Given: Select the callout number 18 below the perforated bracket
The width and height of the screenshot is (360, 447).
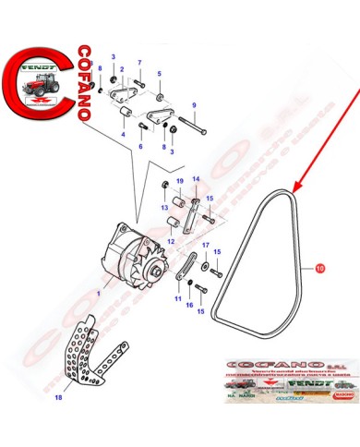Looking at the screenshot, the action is click(x=59, y=398).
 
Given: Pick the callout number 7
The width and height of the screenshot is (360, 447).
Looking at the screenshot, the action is click(x=140, y=64).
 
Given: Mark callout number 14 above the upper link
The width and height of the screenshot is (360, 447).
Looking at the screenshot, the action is click(x=195, y=180).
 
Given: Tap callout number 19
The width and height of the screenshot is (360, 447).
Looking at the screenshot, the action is click(x=179, y=180).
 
